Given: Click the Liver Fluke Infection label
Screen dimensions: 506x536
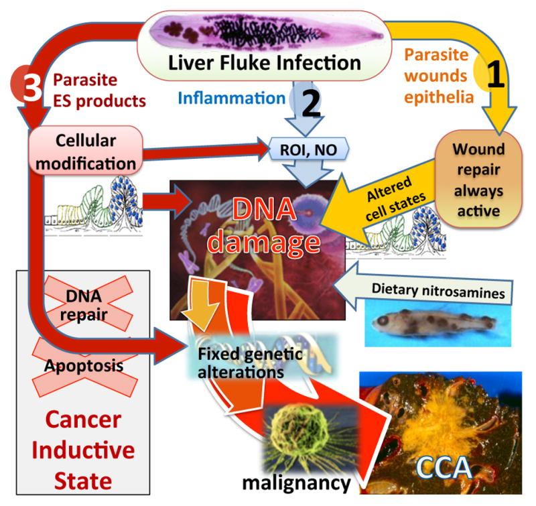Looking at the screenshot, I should point(266,64).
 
